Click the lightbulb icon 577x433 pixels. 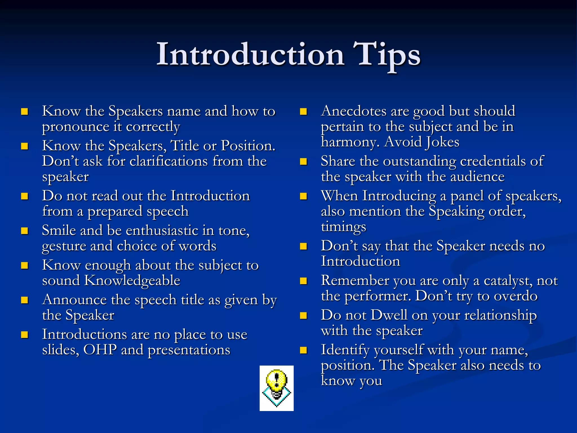(x=276, y=388)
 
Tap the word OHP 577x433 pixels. (x=100, y=350)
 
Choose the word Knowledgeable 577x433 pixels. (x=132, y=280)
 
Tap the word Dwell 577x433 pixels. (x=389, y=315)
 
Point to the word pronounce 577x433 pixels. (x=76, y=127)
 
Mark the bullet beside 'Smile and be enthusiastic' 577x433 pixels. (x=25, y=231)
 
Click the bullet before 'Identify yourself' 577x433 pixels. (x=303, y=350)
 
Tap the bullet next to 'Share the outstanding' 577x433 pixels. (x=303, y=162)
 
